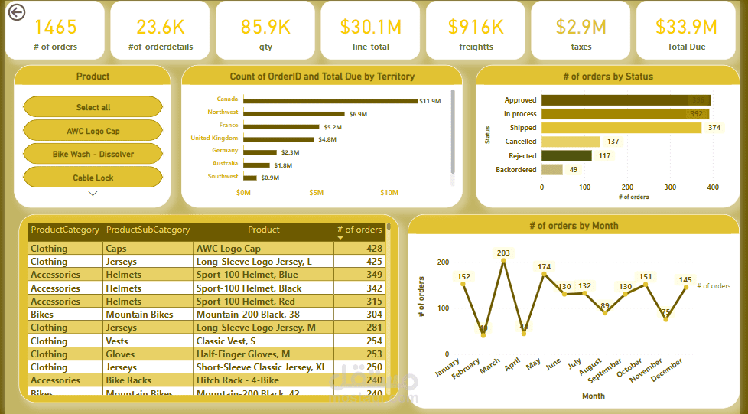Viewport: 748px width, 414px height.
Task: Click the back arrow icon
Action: point(15,12)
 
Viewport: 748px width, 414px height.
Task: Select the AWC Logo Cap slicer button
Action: point(93,131)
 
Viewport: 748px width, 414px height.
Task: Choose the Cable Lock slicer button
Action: point(93,178)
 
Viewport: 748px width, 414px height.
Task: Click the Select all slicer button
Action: point(93,107)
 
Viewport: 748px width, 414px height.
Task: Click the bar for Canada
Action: point(329,100)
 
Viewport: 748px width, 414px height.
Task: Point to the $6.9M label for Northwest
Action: point(358,114)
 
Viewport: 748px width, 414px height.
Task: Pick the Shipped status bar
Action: point(621,128)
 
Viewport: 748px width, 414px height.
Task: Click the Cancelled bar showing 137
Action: point(571,142)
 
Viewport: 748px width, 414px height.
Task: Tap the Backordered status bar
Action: point(551,169)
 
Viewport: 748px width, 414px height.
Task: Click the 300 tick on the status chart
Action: point(670,187)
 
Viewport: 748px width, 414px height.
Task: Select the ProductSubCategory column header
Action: point(148,230)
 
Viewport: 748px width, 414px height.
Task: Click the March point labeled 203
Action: point(503,262)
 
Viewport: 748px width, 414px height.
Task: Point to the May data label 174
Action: point(545,267)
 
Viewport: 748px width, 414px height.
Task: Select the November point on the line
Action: point(665,319)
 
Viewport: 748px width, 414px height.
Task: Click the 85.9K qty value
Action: point(265,27)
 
